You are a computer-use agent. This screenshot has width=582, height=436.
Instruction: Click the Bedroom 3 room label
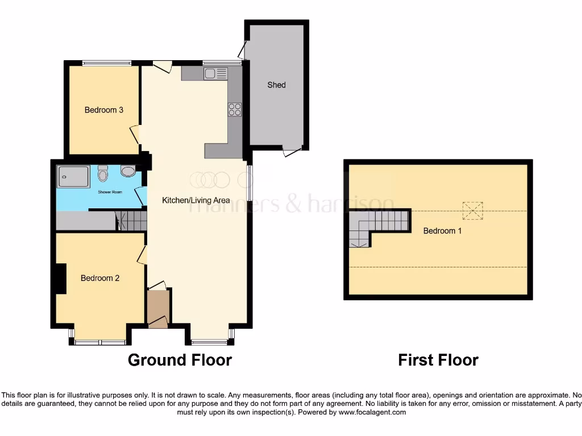(104, 110)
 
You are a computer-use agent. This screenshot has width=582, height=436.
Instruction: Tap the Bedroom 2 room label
(100, 278)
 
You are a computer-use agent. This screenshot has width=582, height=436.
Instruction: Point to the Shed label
(276, 85)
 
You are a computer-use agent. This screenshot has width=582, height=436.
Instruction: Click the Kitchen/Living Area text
(196, 200)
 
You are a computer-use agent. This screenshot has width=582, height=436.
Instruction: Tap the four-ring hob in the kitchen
(235, 110)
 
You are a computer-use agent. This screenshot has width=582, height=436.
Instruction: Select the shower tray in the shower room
(73, 177)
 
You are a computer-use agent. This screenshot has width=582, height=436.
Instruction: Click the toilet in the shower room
(103, 172)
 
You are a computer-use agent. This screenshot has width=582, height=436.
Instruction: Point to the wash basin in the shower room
(128, 171)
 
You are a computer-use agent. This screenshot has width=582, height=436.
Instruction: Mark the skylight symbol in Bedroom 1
(472, 210)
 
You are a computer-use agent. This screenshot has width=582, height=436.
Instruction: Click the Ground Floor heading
(180, 360)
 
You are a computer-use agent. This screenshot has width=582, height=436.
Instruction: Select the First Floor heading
(438, 360)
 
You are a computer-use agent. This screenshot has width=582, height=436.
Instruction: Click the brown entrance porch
(159, 308)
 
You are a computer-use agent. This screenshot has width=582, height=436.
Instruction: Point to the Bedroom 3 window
(107, 63)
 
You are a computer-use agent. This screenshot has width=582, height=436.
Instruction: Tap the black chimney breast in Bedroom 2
(60, 279)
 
